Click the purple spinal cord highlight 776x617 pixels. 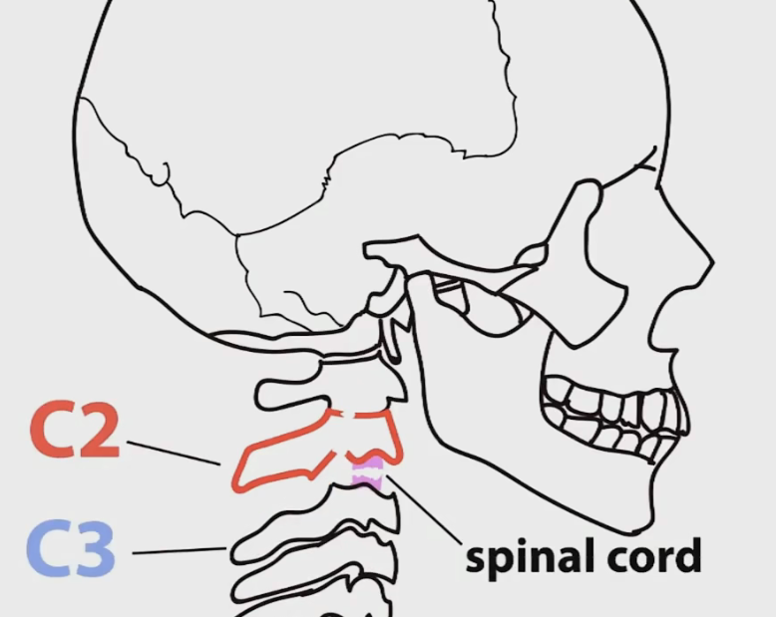(x=366, y=469)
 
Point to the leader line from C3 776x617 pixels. (x=180, y=550)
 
